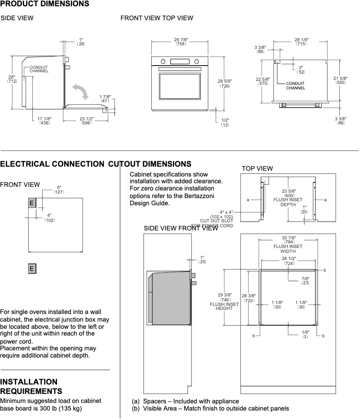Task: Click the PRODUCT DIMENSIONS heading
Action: coord(44,4)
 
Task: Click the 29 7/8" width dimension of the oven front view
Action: coord(181,42)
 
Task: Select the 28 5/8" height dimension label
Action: coord(224,83)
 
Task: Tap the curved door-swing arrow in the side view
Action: coord(82,92)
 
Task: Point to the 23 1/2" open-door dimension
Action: coord(86,120)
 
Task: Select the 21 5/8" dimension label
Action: coord(340,80)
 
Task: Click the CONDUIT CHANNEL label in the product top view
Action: coord(295,86)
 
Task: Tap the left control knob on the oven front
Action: coord(164,62)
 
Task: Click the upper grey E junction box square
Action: coord(32,203)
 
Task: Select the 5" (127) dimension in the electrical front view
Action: coord(59,190)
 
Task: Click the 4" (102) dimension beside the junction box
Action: coord(49,218)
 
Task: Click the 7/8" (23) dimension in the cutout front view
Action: coord(305,281)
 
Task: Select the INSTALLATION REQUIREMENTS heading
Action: coord(31,386)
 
